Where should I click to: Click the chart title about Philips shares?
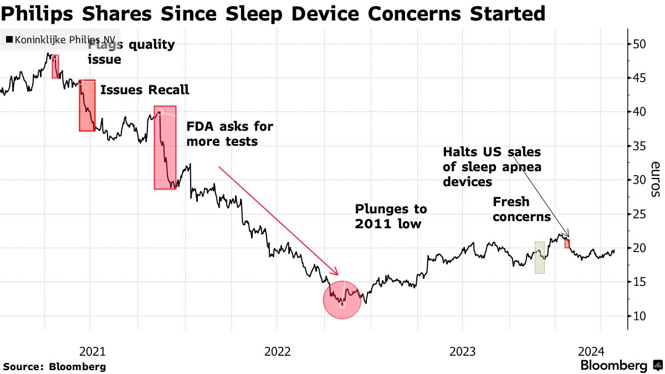pos(273,13)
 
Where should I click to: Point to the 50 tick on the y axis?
pos(640,44)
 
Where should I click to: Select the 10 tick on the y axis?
pos(640,316)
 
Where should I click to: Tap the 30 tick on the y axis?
pos(640,180)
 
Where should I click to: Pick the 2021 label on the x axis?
pos(93,351)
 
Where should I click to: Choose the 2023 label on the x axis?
pos(462,351)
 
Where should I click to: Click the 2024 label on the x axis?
pos(591,351)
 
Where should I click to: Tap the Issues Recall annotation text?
pos(145,90)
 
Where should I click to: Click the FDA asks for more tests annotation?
pos(229,134)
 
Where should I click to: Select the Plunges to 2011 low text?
pos(391,216)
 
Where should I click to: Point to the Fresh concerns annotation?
pos(521,209)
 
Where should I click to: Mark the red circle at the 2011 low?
pos(342,300)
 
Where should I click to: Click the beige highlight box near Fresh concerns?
pos(539,258)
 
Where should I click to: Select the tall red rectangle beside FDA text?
pos(165,147)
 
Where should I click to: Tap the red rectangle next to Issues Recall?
pos(87,105)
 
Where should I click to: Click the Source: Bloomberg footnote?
pos(54,366)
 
